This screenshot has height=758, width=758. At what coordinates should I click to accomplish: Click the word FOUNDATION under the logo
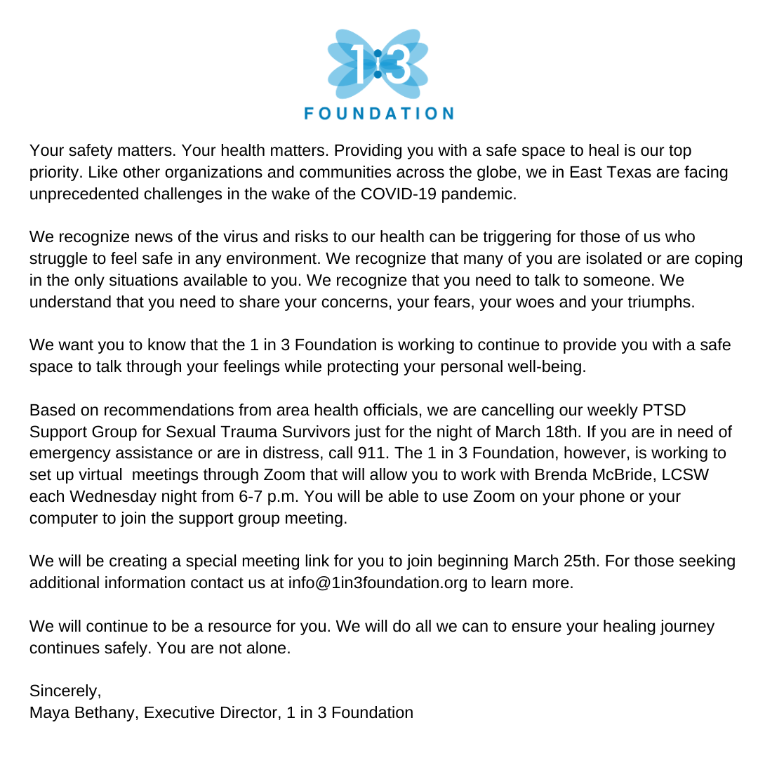click(x=379, y=113)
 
